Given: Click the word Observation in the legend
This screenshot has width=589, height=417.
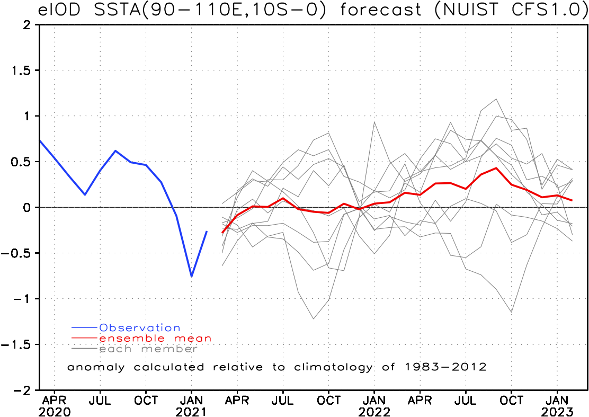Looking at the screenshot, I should pos(140,328).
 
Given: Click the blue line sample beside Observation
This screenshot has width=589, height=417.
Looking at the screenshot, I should pos(85,328).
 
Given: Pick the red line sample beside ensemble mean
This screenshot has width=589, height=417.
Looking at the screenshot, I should pos(85,338).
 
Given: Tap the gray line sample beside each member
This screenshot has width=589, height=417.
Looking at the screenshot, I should pos(85,349).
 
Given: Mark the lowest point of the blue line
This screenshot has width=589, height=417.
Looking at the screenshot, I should pos(191,276).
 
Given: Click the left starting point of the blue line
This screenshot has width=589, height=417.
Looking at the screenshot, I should pos(40,141).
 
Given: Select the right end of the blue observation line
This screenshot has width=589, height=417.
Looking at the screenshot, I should pos(207,231).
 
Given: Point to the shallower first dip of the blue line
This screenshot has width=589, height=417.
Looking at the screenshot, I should pos(85,194).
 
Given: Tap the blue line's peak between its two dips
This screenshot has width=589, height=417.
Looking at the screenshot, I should pos(115,151).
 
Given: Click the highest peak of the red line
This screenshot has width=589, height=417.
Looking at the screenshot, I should pos(496,168).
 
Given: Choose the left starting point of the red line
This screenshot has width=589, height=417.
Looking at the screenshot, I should pos(222,232).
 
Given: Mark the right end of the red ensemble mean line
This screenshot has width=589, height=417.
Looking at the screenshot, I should pos(573,200).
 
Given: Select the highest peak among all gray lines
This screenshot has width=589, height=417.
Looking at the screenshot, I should pos(496,99).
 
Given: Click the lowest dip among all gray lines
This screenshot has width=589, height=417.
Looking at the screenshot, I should pos(314,319).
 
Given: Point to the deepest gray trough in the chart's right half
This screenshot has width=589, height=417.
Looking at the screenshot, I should pos(512,312).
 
